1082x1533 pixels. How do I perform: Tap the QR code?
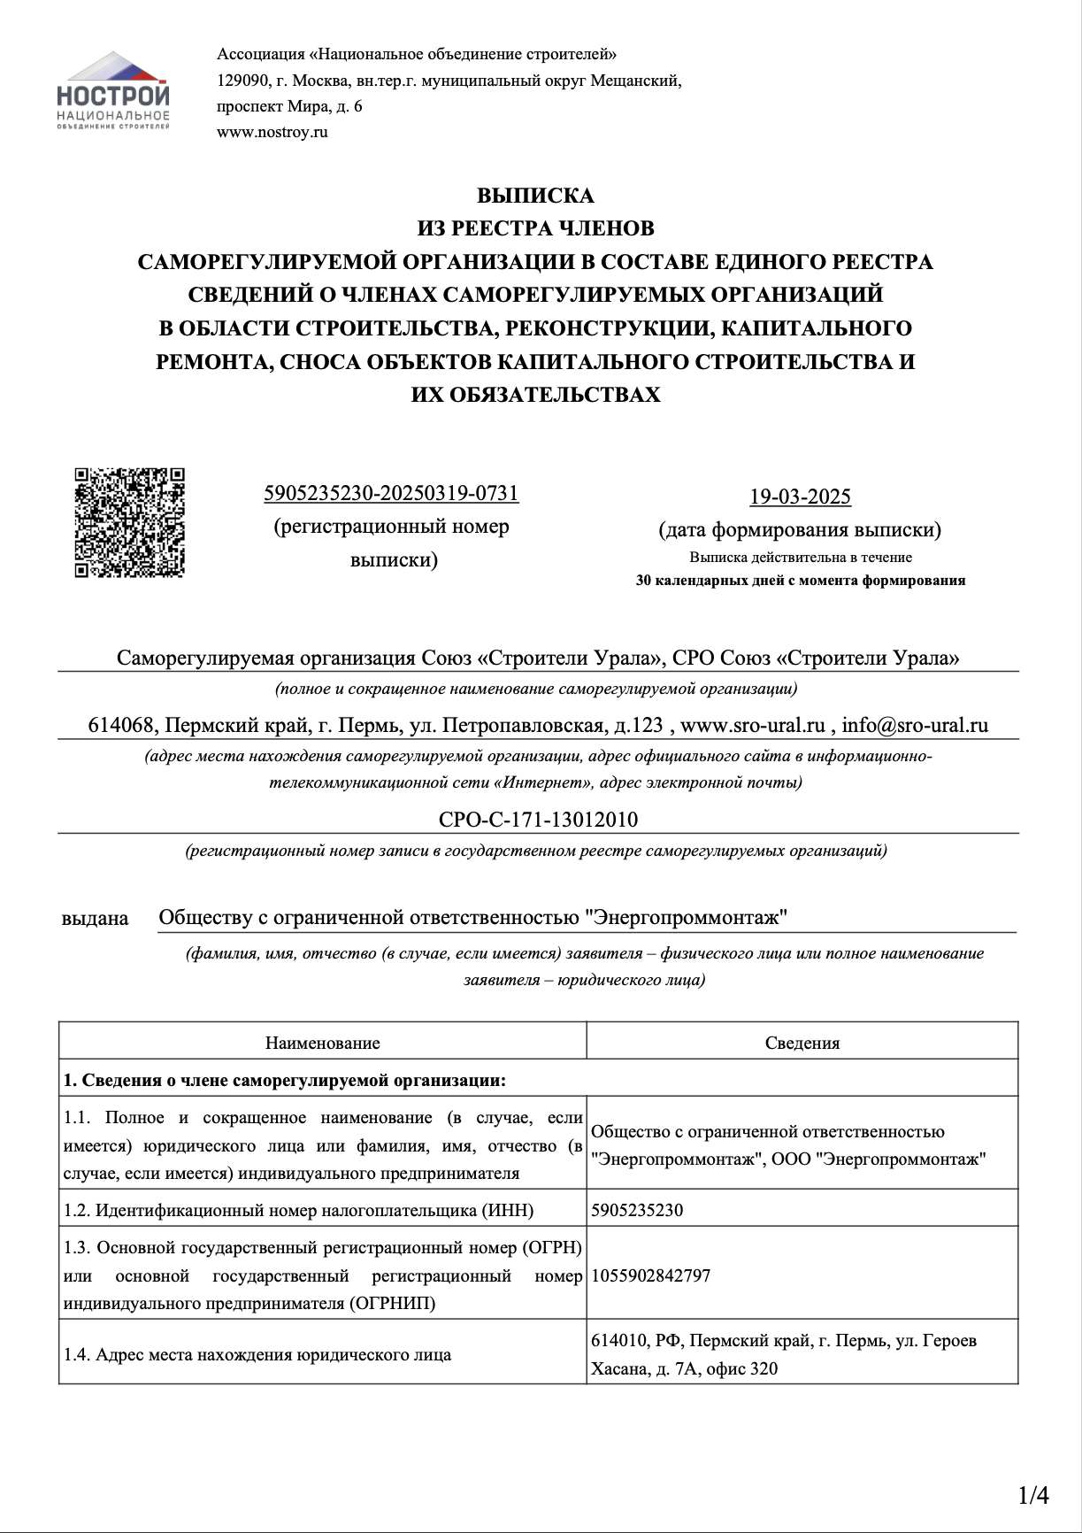[x=129, y=523]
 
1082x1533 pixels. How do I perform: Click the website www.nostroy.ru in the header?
[x=272, y=133]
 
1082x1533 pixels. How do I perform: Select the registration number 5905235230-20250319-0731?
[x=391, y=493]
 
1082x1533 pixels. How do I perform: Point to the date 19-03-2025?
[x=800, y=497]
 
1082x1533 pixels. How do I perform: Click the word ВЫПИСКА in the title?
[x=536, y=196]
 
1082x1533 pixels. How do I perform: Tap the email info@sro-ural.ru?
[x=915, y=725]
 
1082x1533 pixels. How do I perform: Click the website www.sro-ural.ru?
[x=753, y=725]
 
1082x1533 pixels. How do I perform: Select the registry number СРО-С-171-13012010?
[x=538, y=820]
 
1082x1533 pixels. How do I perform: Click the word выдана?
[x=96, y=919]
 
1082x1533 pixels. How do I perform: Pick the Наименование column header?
[x=322, y=1043]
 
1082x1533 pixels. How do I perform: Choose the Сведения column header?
[x=802, y=1043]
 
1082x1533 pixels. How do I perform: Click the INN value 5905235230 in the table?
[x=637, y=1210]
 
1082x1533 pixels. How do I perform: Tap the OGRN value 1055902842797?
[x=650, y=1275]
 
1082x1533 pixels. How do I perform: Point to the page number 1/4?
[x=1033, y=1496]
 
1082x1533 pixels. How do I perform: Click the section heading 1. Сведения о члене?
[x=285, y=1080]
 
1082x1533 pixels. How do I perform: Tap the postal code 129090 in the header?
[x=242, y=81]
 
